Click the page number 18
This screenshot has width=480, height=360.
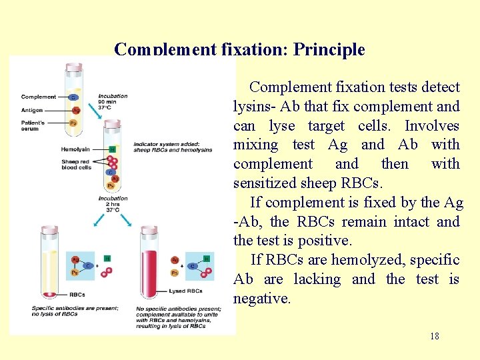[x=435, y=336]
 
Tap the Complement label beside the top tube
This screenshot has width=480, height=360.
[x=39, y=97]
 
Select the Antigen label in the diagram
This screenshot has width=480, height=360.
[x=32, y=110]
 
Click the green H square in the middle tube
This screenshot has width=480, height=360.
[x=112, y=149]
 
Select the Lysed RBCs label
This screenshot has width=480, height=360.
[x=186, y=291]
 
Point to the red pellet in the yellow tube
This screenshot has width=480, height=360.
[x=49, y=294]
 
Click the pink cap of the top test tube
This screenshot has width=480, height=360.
[x=74, y=67]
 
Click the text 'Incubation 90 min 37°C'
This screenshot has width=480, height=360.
[x=113, y=102]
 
